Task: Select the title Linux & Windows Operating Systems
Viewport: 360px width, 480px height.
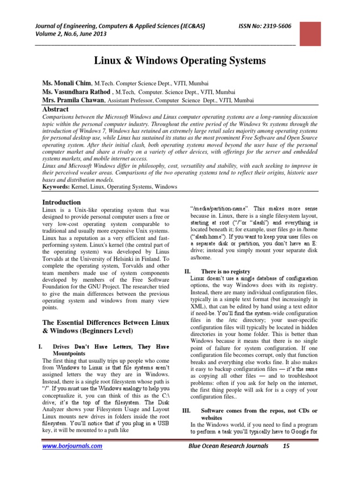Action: coord(180,60)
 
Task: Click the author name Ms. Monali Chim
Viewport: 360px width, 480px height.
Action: coord(68,82)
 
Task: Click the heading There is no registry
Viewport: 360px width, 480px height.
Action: coord(225,271)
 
